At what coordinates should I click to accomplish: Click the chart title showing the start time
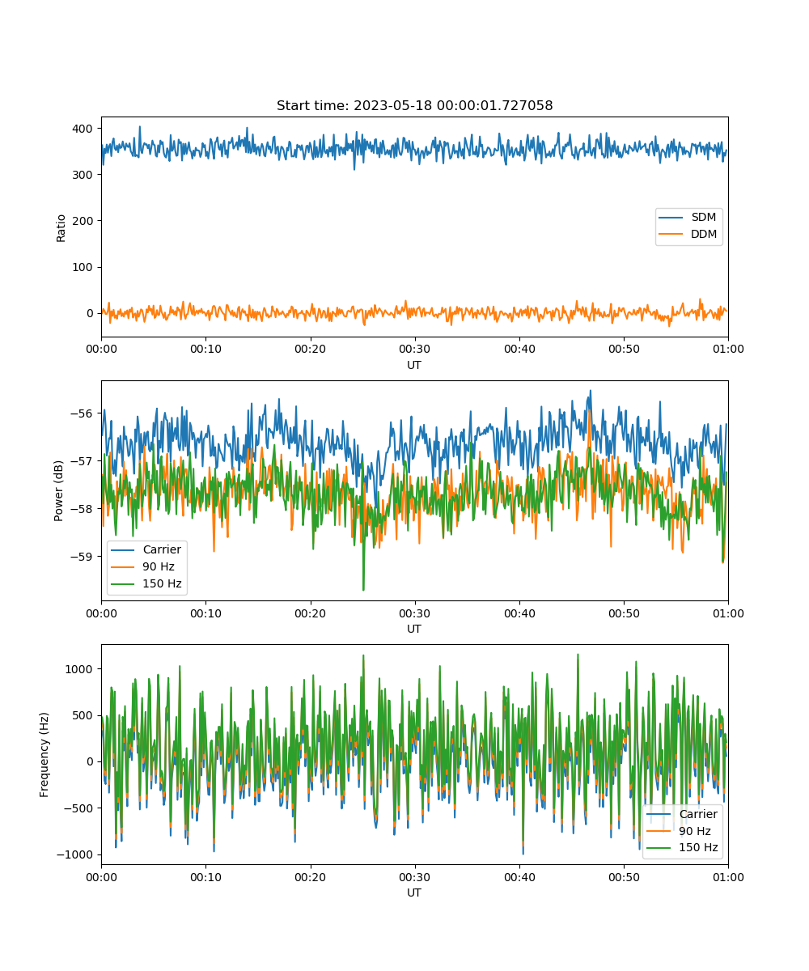(414, 105)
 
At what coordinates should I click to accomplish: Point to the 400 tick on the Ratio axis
(83, 129)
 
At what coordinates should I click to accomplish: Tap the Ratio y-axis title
(61, 228)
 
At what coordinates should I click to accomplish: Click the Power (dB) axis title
(58, 490)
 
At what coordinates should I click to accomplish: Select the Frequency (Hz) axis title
(44, 755)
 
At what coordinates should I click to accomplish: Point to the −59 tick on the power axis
(82, 557)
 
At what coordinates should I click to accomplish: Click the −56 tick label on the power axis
(82, 413)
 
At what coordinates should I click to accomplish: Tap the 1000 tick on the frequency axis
(79, 669)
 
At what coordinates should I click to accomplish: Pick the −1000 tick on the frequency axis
(75, 854)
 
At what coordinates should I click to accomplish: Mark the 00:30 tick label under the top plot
(414, 349)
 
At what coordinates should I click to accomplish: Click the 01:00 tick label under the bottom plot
(728, 877)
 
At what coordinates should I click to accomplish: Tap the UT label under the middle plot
(413, 629)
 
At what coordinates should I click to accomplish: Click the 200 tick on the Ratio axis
(83, 221)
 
